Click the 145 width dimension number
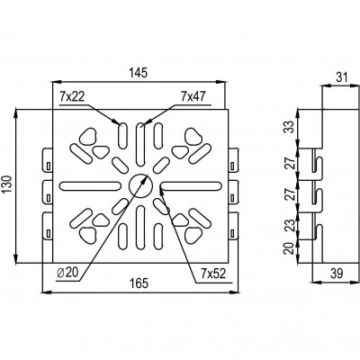[139, 73]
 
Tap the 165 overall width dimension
[139, 283]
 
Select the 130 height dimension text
[7, 184]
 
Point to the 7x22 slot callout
[72, 96]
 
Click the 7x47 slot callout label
[193, 96]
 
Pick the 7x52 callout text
[213, 274]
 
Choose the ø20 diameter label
[67, 273]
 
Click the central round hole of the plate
[141, 185]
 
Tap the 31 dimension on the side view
[341, 77]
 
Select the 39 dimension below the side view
[337, 274]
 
